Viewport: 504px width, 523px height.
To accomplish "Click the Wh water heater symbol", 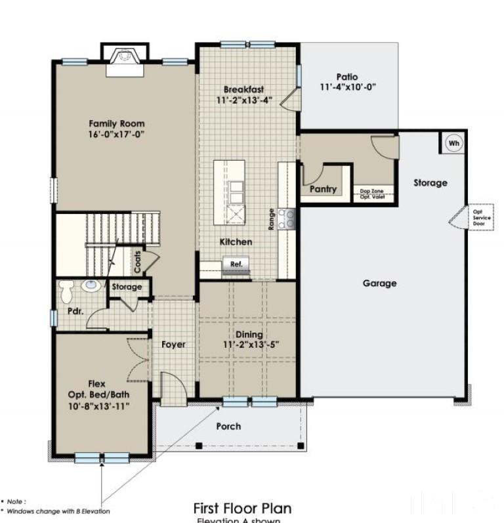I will [454, 143].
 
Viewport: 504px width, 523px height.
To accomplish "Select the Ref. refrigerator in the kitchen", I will [235, 264].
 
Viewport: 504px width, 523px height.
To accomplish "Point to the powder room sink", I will [91, 286].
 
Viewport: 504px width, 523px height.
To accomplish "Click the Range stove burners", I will [286, 219].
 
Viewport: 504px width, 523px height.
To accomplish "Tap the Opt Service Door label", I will [478, 218].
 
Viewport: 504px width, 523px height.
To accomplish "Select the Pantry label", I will [323, 189].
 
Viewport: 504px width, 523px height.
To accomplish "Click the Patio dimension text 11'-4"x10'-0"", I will [348, 87].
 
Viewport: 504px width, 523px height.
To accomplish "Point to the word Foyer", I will [173, 345].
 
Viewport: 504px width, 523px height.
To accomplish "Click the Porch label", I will [228, 427].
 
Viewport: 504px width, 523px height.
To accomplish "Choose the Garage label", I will [380, 283].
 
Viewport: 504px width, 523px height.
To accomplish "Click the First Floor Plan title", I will [241, 508].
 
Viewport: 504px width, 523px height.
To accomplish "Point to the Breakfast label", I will [243, 89].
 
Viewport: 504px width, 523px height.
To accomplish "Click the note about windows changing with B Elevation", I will [58, 511].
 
